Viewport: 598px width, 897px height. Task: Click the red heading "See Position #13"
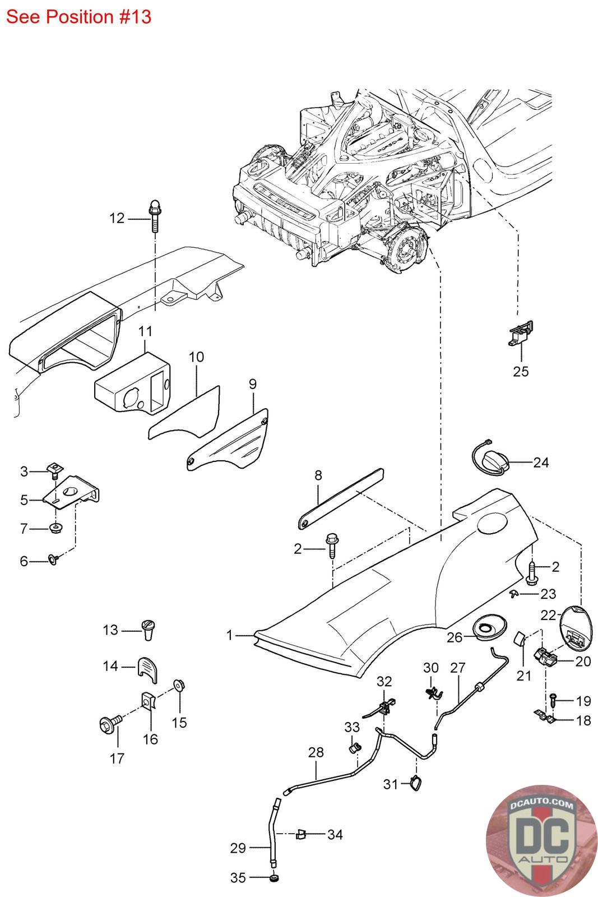tap(78, 17)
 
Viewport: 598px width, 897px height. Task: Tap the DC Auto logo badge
tap(541, 840)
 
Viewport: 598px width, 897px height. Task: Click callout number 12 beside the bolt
tap(117, 218)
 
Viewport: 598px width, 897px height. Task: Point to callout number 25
tap(521, 371)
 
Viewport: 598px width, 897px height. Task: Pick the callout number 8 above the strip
tap(318, 475)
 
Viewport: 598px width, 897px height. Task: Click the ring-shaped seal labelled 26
tap(489, 628)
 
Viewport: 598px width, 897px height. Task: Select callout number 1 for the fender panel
tap(229, 635)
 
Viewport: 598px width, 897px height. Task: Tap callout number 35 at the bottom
tap(238, 878)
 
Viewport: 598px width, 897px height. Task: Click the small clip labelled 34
tap(301, 835)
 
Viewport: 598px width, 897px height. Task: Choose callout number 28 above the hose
tap(316, 752)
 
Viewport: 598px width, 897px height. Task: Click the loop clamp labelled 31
tap(416, 783)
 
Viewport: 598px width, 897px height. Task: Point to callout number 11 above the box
tap(145, 331)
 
